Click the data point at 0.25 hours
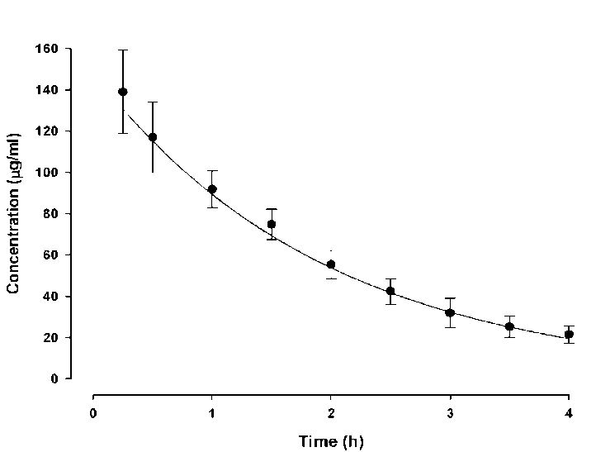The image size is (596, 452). (123, 92)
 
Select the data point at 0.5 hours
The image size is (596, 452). (153, 137)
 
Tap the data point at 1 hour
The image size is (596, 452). (212, 189)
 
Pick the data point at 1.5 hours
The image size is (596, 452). (272, 224)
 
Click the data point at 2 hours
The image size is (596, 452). (331, 264)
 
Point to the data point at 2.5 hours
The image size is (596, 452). (390, 291)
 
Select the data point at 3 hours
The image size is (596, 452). (450, 312)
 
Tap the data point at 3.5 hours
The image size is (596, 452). (509, 326)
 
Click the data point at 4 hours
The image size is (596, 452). (569, 335)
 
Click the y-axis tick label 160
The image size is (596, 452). (46, 49)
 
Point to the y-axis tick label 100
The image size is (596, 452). (46, 173)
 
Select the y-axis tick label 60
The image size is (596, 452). (50, 255)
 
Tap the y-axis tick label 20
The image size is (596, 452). (50, 338)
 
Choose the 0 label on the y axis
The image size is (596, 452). (54, 379)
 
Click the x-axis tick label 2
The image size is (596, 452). (331, 412)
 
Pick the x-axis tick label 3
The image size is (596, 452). (450, 412)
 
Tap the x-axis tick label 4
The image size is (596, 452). (569, 412)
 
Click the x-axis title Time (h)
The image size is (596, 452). (330, 441)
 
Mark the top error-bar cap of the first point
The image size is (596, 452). (123, 50)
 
